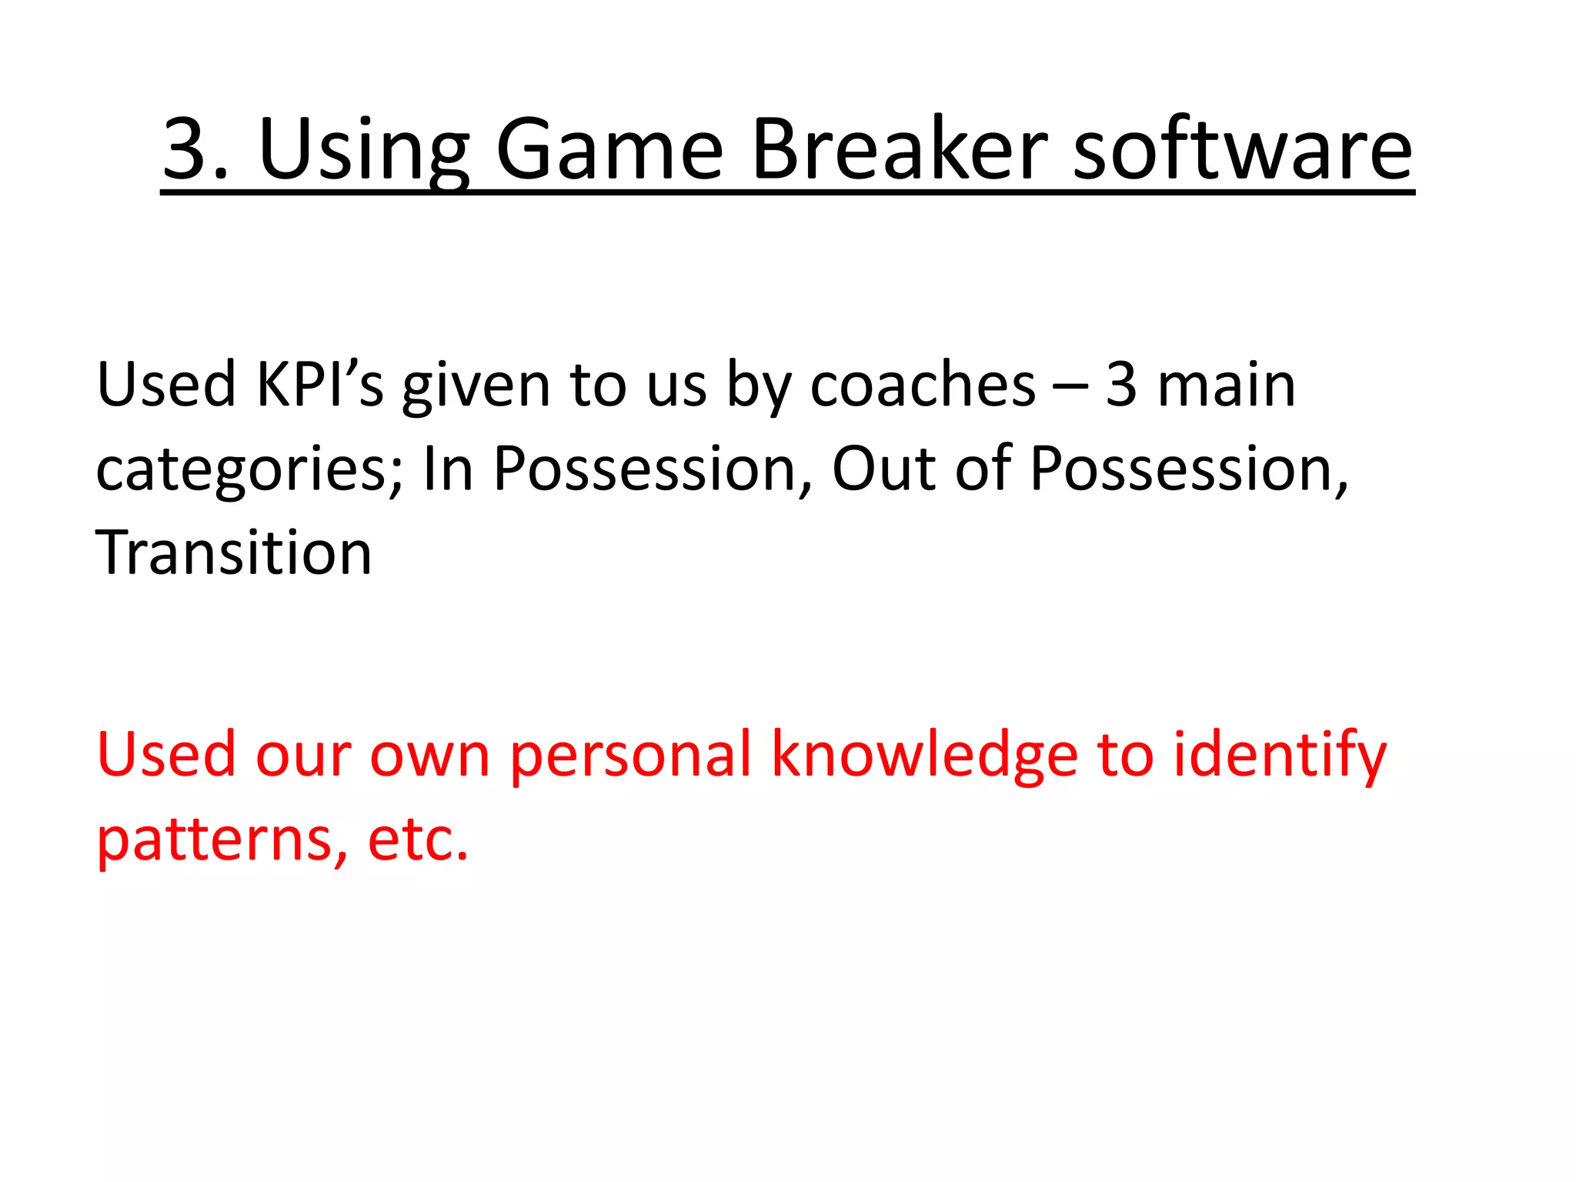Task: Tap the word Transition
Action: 234,553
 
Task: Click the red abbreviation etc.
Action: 418,839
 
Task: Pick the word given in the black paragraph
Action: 476,386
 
